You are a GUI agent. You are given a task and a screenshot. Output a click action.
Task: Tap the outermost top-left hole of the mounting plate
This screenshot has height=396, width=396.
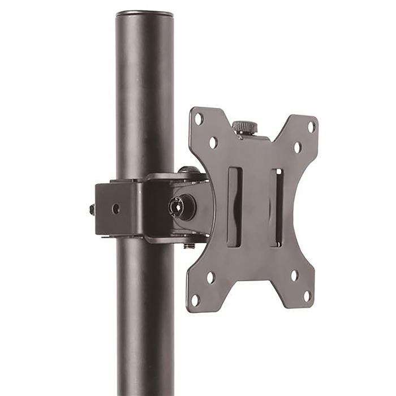tap(199, 119)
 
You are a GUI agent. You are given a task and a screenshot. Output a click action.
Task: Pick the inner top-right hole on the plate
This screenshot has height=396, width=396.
tap(297, 148)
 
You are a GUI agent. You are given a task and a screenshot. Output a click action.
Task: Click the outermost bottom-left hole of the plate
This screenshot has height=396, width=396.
tap(196, 299)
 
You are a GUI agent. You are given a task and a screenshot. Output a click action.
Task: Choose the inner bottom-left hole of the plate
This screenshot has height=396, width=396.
tap(210, 277)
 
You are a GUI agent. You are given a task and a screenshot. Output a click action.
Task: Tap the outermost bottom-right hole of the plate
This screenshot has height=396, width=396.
tap(307, 295)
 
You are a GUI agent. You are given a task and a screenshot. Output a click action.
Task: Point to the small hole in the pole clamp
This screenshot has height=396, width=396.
tap(115, 209)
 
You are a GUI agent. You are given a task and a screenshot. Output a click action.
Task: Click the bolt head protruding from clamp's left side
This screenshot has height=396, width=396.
tap(92, 209)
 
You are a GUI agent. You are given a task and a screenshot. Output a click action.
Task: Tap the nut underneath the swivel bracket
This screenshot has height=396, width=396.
tap(189, 246)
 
